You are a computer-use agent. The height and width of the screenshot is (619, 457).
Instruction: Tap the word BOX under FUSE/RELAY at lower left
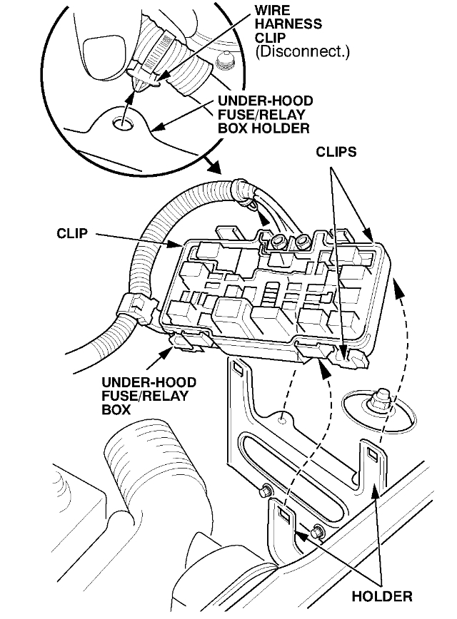[117, 411]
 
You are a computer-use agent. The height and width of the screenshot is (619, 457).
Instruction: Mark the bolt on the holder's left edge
[266, 490]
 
